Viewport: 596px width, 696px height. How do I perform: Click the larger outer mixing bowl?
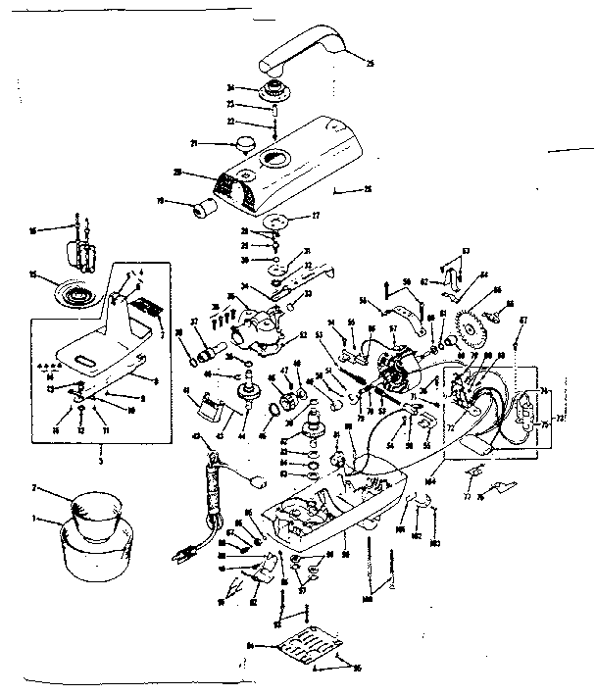[x=94, y=551]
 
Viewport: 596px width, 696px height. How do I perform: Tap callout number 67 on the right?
[x=523, y=320]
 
